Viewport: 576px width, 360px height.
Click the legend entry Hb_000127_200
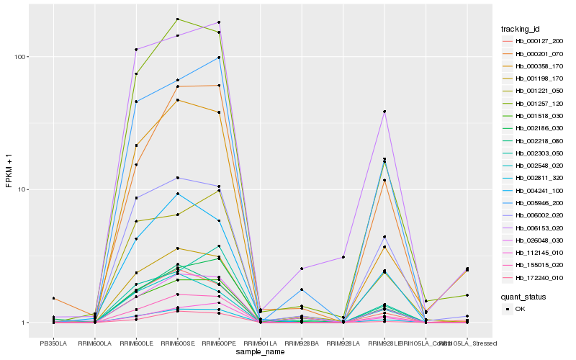click(x=534, y=41)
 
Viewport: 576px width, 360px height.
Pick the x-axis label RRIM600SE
click(x=176, y=343)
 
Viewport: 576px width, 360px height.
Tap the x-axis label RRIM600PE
click(x=219, y=343)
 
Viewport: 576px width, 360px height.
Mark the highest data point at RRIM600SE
click(x=177, y=19)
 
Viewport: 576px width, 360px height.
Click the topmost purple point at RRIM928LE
click(x=384, y=112)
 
